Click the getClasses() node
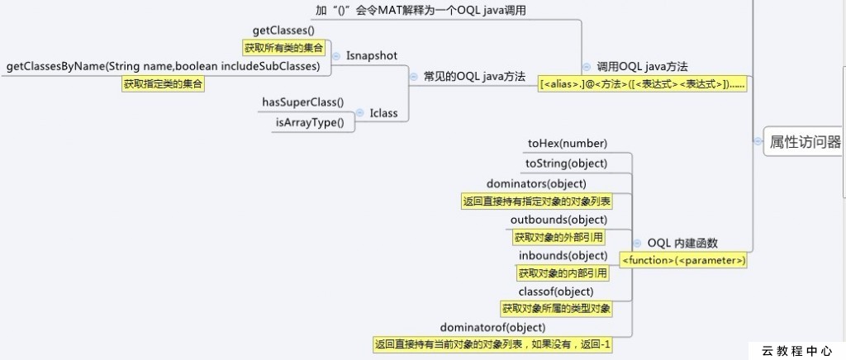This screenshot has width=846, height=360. pyautogui.click(x=283, y=31)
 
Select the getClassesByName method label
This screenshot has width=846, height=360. pyautogui.click(x=163, y=66)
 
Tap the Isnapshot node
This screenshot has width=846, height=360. pyautogui.click(x=372, y=55)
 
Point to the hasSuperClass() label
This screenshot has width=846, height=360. pyautogui.click(x=302, y=102)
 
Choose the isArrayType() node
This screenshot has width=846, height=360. pyautogui.click(x=310, y=122)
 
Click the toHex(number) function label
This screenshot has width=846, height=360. pyautogui.click(x=567, y=143)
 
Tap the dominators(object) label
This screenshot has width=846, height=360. pyautogui.click(x=548, y=182)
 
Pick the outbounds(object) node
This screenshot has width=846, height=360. pyautogui.click(x=558, y=219)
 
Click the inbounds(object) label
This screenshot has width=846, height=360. pyautogui.click(x=563, y=255)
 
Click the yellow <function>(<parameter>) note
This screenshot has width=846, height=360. pyautogui.click(x=684, y=260)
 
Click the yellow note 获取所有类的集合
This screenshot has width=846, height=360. pyautogui.click(x=283, y=48)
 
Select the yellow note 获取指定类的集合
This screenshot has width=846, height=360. pyautogui.click(x=163, y=83)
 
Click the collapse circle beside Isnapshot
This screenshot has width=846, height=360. pyautogui.click(x=336, y=55)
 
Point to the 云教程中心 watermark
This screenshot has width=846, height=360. pyautogui.click(x=796, y=350)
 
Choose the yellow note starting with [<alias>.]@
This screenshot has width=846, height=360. pyautogui.click(x=642, y=83)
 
